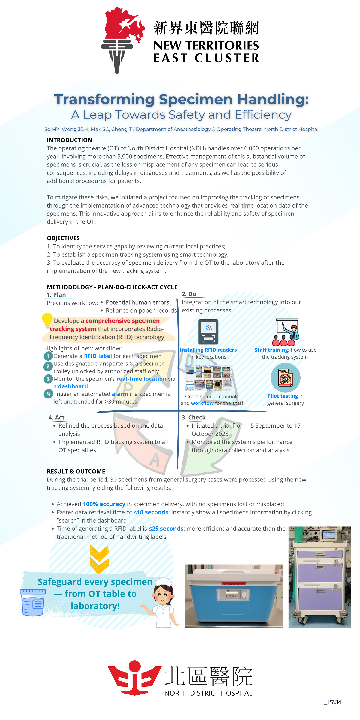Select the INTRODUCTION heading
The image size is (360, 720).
pos(69,140)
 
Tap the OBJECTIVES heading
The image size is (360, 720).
pos(63,238)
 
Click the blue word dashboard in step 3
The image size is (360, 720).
pos(73,386)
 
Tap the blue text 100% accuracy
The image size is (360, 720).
pos(104,504)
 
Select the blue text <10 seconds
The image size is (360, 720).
pos(151,512)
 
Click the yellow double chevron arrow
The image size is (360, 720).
pos(99,559)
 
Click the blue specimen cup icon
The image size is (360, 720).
pos(33,602)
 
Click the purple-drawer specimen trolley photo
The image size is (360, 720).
pos(319,577)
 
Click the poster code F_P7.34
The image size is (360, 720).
pos(331,702)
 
